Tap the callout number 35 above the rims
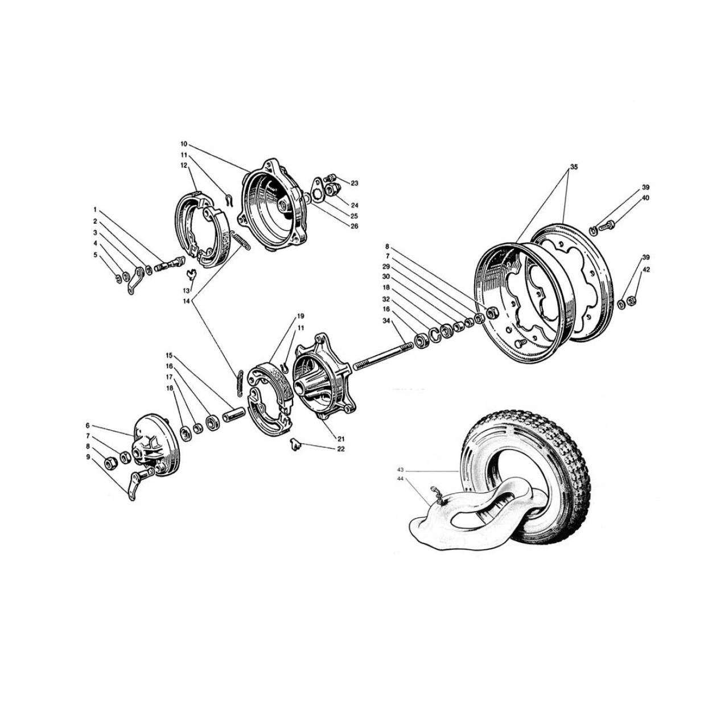pos(574,167)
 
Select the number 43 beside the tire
pos(400,470)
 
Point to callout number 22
pos(341,449)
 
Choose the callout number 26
pos(354,227)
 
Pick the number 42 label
pos(646,269)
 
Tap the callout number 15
pos(169,355)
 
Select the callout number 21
pos(341,439)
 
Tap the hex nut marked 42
pos(631,291)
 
